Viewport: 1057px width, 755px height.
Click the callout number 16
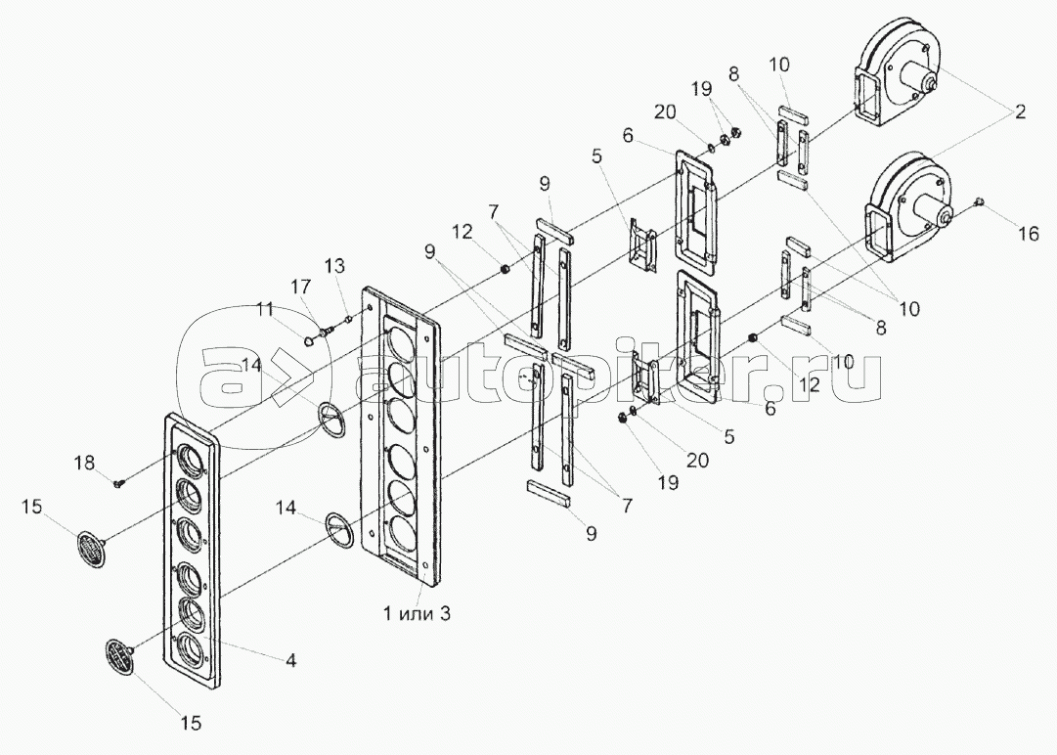point(1028,233)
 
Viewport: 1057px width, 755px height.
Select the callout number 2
point(1020,111)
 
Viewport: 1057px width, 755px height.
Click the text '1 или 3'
point(418,613)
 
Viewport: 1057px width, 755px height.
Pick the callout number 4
point(290,661)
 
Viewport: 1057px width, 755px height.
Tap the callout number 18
point(84,464)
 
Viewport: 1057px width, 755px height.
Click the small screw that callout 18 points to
point(120,482)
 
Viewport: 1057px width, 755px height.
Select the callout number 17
point(300,288)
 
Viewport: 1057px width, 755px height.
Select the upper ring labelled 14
point(331,421)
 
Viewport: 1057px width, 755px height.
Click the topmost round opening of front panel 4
point(191,460)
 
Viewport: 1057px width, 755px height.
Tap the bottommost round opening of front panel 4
point(191,646)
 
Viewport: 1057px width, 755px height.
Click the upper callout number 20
point(665,111)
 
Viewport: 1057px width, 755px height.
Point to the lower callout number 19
point(669,482)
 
